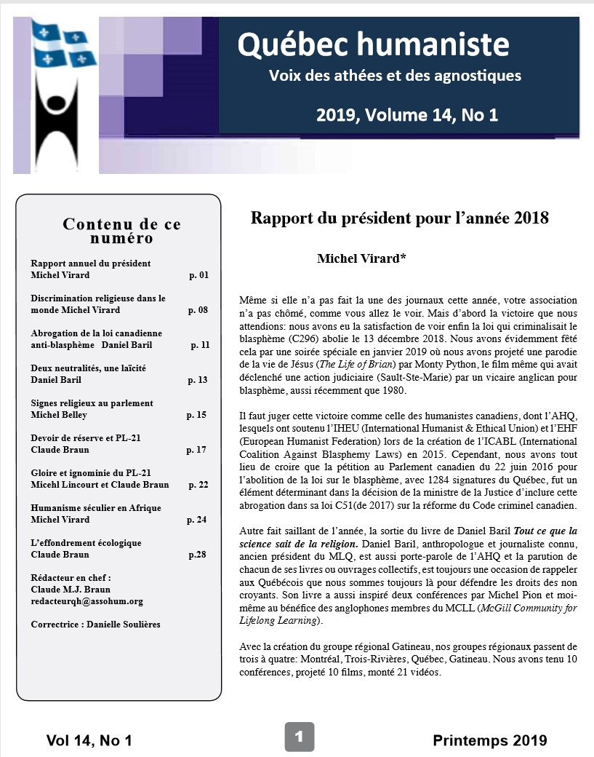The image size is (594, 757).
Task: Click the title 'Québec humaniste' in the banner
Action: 374,44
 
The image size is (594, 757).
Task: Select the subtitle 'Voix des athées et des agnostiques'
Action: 395,76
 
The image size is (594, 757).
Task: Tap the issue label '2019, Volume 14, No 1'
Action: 406,115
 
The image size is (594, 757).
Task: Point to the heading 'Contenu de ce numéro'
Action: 121,231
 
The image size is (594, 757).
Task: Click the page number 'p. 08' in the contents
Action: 198,309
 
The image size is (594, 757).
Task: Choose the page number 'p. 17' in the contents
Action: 196,450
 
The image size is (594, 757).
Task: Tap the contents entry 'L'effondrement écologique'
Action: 87,543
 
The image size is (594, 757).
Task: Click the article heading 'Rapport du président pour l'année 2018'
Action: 399,218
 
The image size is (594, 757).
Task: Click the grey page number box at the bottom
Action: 298,737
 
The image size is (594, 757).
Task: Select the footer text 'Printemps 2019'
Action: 489,741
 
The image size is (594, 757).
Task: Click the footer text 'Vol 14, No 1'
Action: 89,741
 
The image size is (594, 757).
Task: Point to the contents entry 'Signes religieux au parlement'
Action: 92,403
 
